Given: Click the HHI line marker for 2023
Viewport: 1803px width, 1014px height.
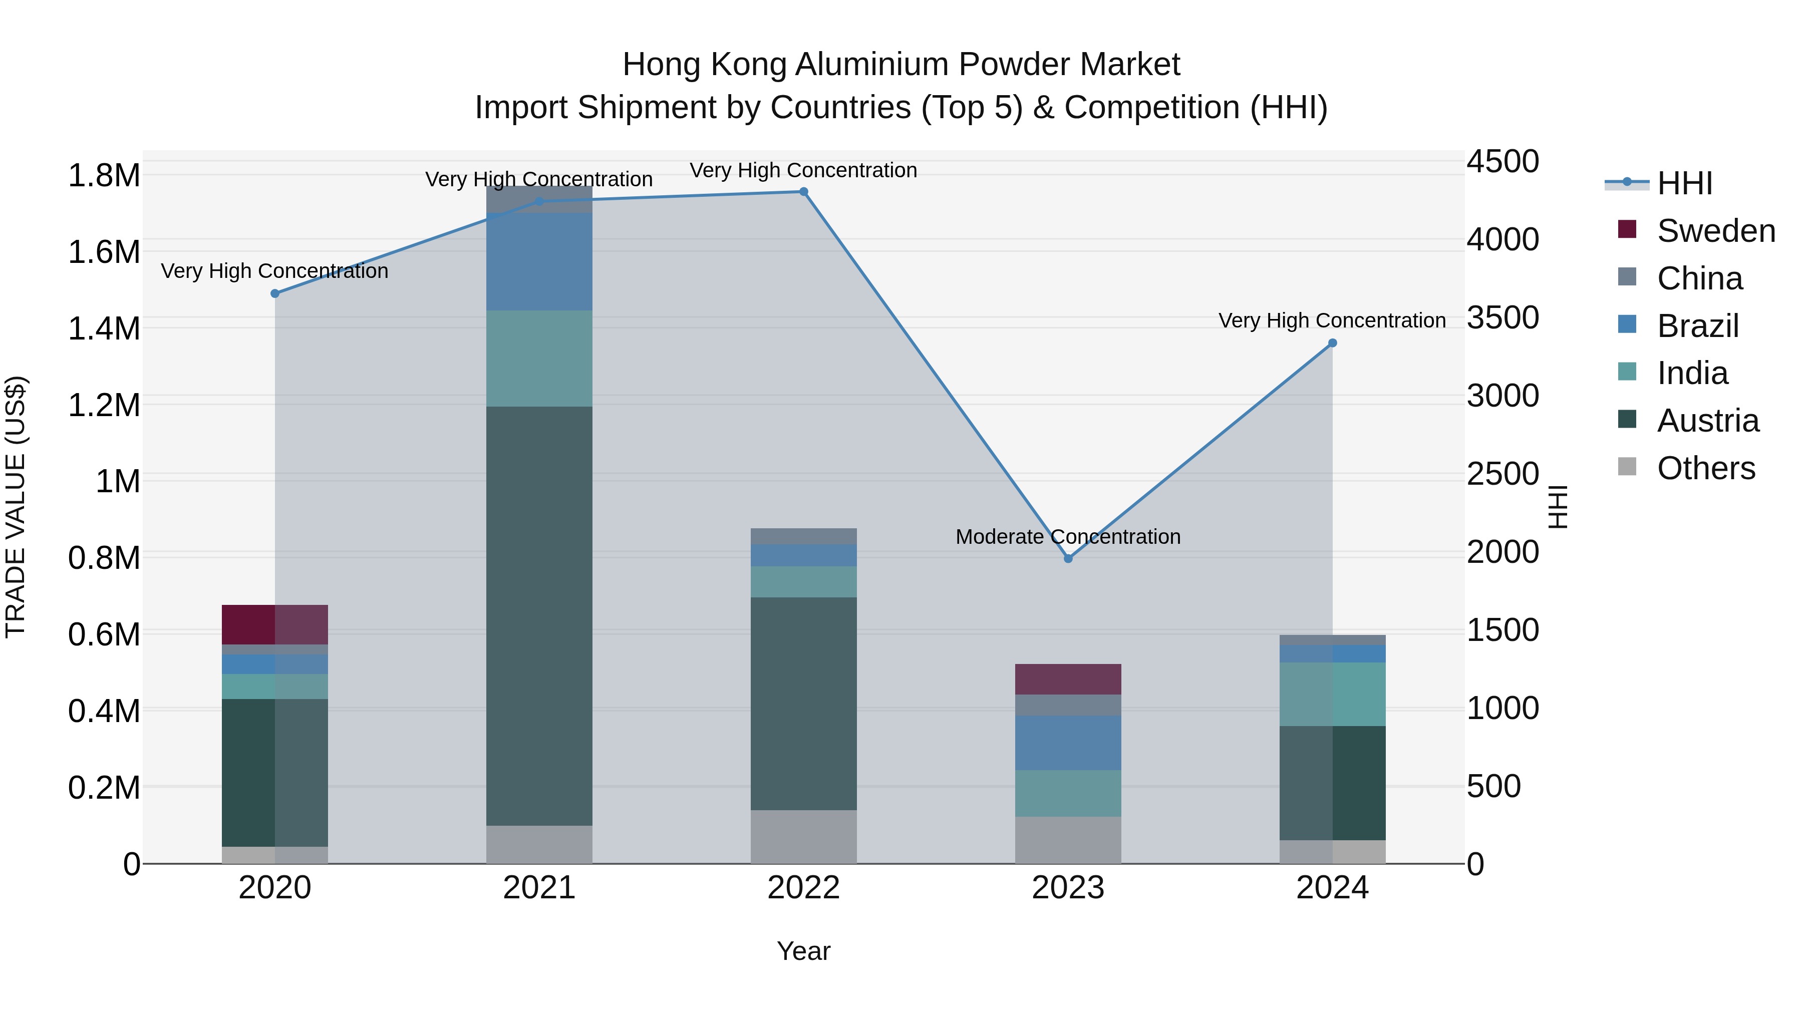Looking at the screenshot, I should click(1068, 558).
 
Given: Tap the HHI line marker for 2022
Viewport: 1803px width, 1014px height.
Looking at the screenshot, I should click(803, 192).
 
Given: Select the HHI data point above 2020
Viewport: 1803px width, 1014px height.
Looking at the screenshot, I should click(275, 293).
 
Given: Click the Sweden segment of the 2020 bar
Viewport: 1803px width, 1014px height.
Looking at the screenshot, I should click(274, 624).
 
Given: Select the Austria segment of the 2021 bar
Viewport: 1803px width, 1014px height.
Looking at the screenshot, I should click(539, 616).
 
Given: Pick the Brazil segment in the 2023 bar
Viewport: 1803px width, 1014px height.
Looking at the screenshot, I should click(1068, 743).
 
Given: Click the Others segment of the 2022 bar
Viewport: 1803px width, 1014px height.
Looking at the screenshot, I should click(803, 836).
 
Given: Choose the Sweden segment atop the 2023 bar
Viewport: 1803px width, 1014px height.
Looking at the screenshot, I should click(1068, 679).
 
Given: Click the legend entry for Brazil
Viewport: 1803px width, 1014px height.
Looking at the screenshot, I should click(1697, 326).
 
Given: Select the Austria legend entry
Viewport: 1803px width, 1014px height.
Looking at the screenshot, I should click(1707, 421).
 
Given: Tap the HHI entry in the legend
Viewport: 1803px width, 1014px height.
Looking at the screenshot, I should click(1684, 183).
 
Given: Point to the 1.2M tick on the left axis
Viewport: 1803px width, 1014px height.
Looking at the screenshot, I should click(104, 405).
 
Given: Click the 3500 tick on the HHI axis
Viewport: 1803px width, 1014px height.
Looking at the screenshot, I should click(1502, 317).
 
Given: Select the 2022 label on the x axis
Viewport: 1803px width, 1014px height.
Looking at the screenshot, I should click(803, 888).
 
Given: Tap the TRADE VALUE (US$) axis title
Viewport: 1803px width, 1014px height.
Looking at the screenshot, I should click(16, 507).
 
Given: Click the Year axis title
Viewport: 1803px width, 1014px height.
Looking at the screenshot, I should click(803, 951).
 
